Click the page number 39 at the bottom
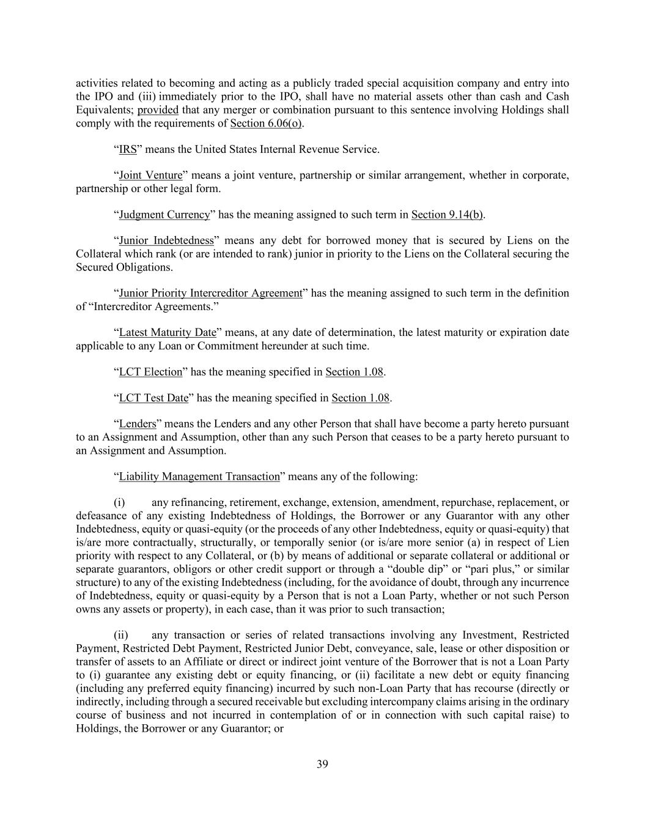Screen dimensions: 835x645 click(x=323, y=763)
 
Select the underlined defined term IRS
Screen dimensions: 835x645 click(x=128, y=149)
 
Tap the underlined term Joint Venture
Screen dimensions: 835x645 click(x=150, y=176)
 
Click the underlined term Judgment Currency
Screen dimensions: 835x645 click(x=164, y=215)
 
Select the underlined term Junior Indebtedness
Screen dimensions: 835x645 click(x=166, y=240)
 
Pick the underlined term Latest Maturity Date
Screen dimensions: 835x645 click(x=168, y=333)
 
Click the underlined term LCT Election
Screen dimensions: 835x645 click(x=150, y=372)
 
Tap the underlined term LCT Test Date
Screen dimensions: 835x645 click(x=153, y=398)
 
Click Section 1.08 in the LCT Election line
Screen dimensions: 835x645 click(x=354, y=372)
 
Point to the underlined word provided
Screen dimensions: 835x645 click(x=158, y=110)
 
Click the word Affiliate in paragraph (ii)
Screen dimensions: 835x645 click(x=246, y=662)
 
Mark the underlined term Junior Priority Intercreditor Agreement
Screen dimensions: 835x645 click(x=210, y=293)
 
